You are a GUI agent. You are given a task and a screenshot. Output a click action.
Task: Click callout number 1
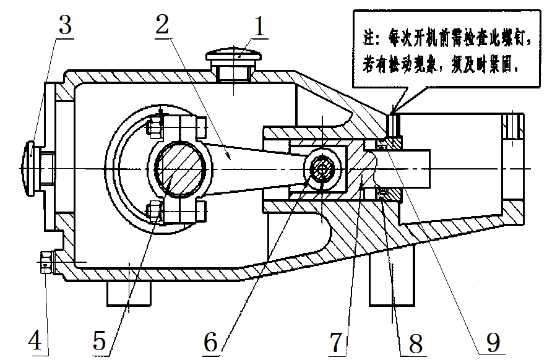click(258, 27)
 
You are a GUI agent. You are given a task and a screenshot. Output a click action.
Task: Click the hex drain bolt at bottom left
click(45, 263)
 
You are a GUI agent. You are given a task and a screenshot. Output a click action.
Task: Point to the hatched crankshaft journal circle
click(180, 168)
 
